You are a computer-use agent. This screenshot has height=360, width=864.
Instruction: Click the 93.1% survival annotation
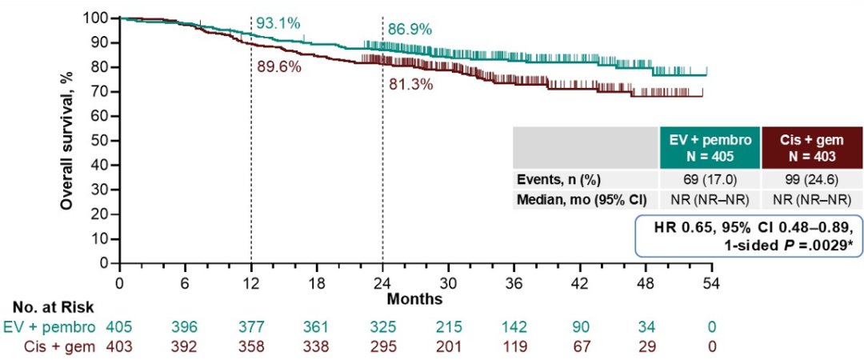point(278,23)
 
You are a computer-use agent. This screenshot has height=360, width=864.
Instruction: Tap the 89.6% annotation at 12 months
point(279,67)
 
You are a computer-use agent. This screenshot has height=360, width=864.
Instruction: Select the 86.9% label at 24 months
point(410,30)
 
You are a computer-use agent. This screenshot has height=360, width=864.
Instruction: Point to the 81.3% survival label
point(410,84)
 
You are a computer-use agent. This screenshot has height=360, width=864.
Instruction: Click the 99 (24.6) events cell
point(812,180)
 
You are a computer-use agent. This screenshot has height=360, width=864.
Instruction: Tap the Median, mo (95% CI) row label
point(585,200)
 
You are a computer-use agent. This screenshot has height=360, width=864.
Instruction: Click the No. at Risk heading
point(53,306)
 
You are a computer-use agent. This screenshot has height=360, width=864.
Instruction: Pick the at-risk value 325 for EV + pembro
point(382,326)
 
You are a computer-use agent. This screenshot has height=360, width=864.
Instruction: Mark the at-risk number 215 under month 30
point(448,326)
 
